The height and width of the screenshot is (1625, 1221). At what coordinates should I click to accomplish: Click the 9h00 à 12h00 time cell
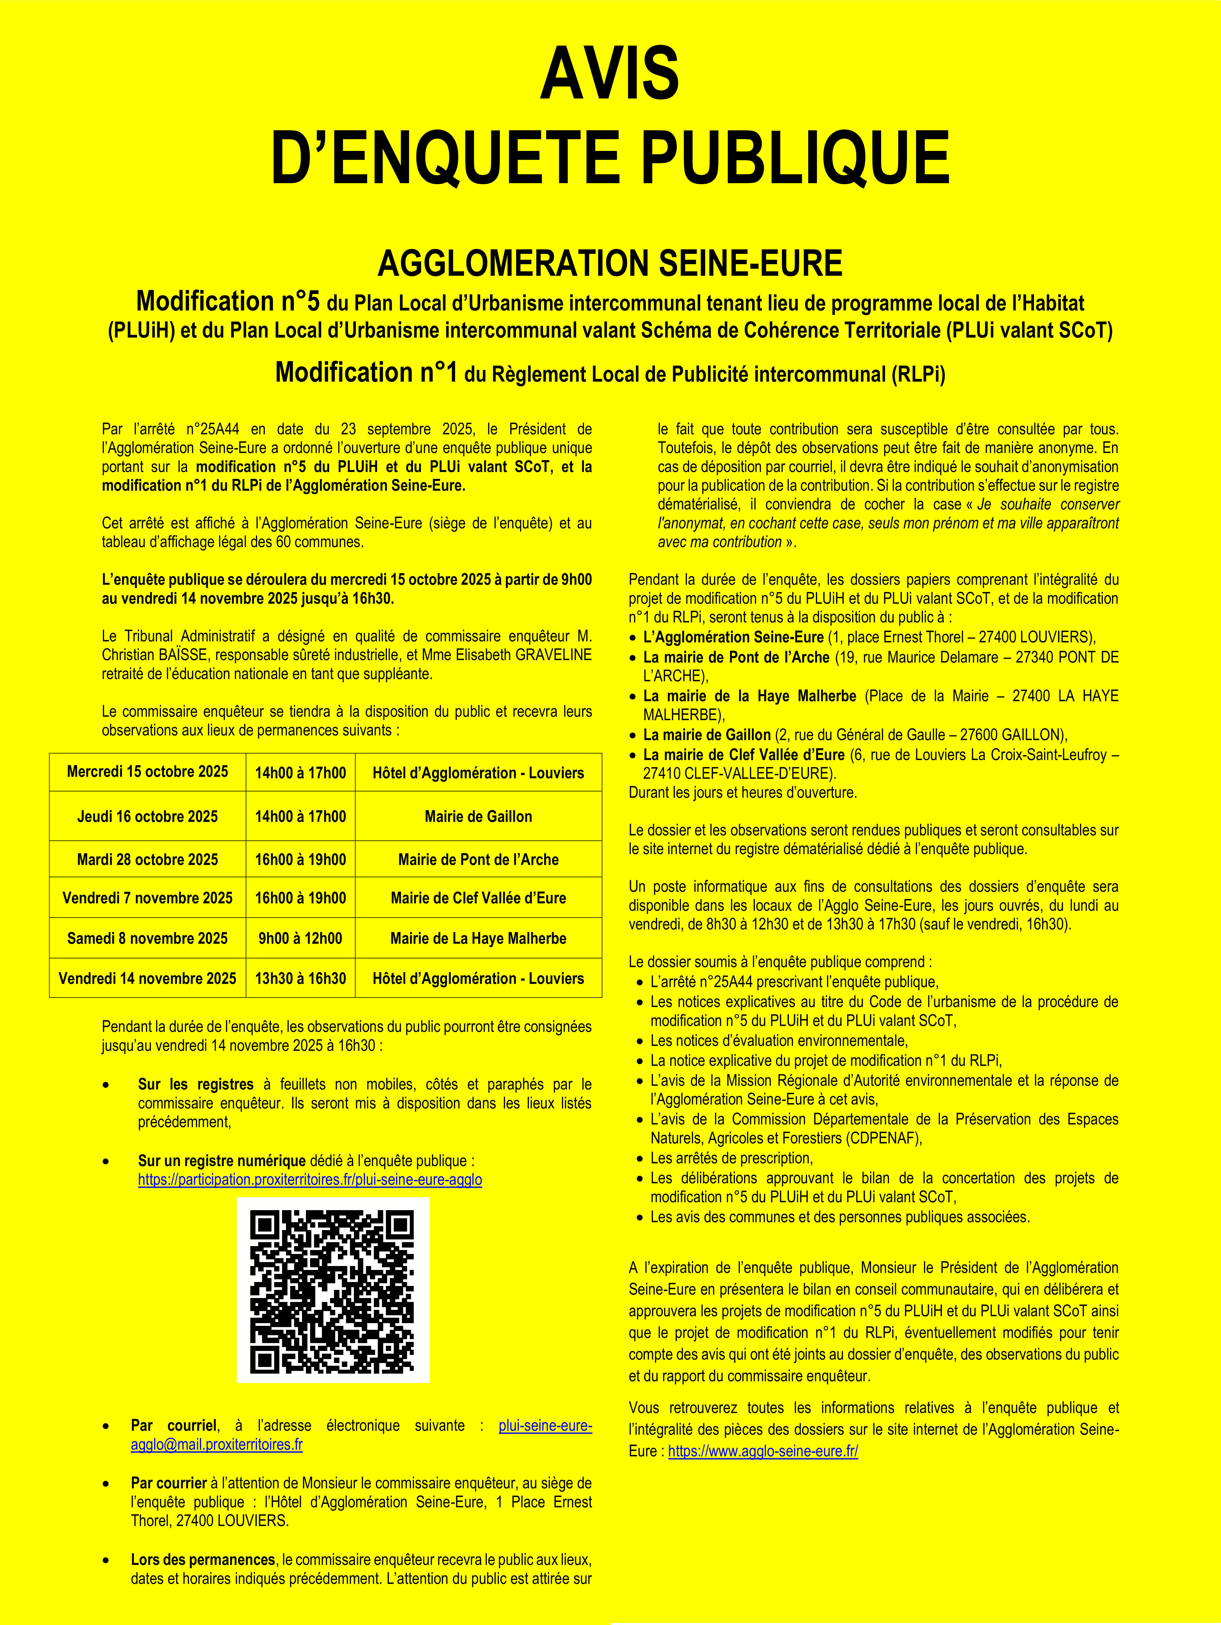coord(300,938)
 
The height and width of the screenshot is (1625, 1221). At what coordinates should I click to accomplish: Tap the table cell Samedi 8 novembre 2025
coord(148,938)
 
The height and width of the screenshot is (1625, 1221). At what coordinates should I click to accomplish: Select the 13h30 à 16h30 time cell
coord(300,978)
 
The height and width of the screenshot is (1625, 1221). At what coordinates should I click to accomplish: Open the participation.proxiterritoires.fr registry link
coord(310,1180)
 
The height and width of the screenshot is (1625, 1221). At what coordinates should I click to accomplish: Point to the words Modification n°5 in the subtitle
coord(228,301)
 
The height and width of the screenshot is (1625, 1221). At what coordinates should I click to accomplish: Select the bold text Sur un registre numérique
coord(222,1161)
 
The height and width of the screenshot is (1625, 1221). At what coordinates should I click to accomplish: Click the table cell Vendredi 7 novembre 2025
coord(148,898)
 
